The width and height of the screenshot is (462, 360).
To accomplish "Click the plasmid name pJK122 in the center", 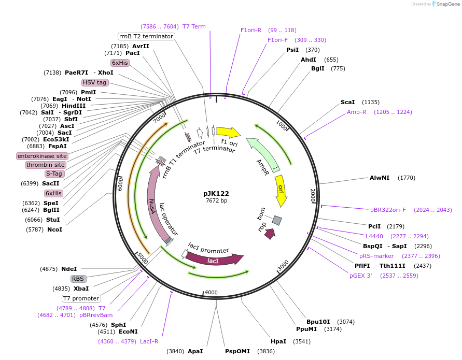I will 216,193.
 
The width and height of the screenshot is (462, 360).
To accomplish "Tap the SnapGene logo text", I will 449,4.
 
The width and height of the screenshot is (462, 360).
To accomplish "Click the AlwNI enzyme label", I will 380,178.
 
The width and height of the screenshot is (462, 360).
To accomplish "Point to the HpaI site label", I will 278,341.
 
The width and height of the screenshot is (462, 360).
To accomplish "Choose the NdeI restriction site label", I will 69,269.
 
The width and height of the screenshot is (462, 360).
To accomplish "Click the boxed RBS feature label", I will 78,279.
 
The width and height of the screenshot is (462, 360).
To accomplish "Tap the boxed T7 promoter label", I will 81,298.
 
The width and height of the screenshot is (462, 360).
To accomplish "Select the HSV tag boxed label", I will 94,82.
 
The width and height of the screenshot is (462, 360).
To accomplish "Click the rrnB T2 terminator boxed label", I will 146,36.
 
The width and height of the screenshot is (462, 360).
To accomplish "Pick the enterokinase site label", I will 42,156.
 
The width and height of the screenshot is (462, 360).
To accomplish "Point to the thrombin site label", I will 46,165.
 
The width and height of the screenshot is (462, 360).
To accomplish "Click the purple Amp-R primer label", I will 357,112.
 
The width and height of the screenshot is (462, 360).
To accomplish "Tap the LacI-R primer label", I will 149,341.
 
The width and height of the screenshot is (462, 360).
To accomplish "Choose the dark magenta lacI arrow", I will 214,258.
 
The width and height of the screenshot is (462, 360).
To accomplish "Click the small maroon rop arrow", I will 270,234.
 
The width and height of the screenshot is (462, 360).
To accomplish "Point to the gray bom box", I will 277,221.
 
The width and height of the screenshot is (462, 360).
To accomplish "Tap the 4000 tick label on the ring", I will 212,293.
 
